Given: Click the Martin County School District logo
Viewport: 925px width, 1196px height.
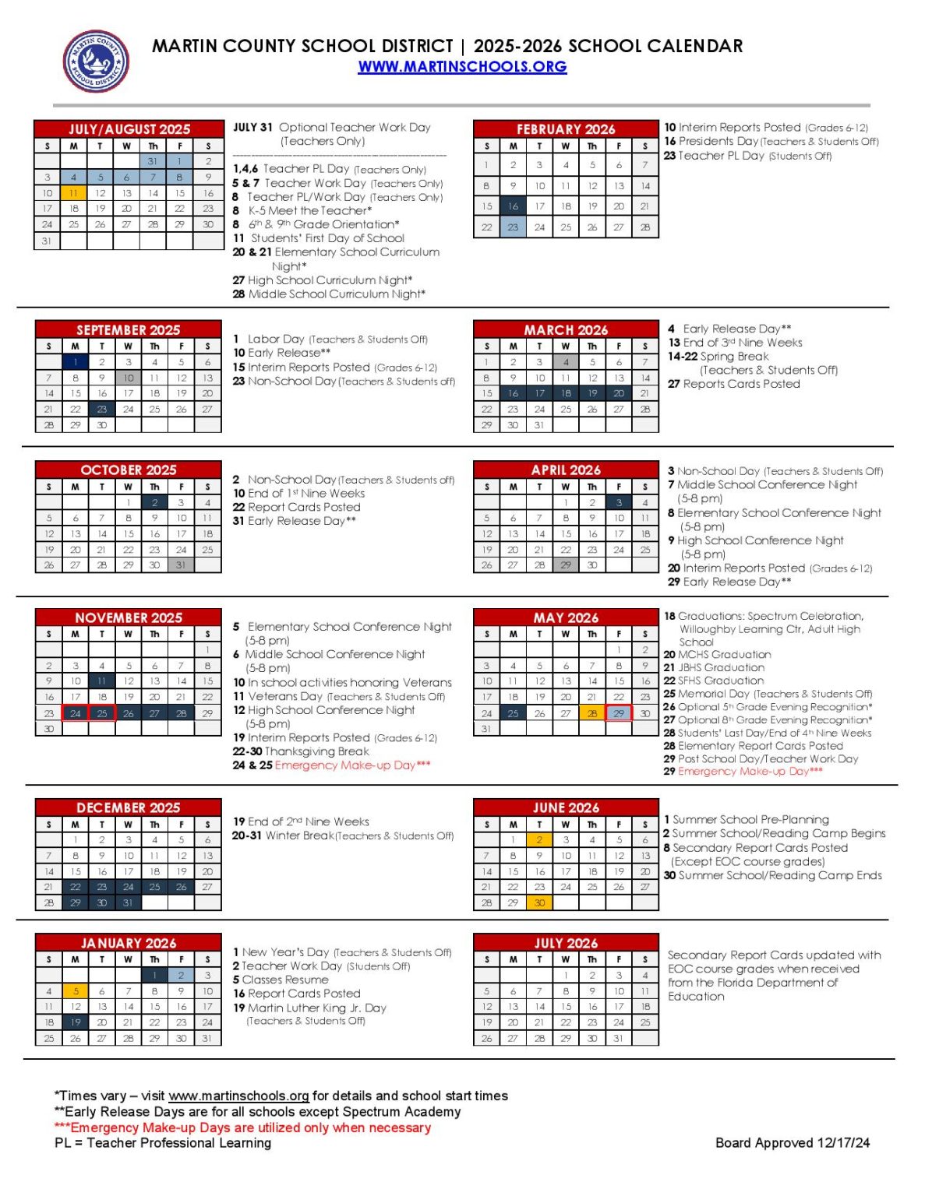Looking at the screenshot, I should click(x=96, y=61).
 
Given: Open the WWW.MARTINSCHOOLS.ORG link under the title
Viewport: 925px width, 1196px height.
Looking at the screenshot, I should click(x=462, y=67).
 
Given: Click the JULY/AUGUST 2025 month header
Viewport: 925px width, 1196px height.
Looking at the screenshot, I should click(x=129, y=129).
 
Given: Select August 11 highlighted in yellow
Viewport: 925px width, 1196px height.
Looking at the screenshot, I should click(x=74, y=193).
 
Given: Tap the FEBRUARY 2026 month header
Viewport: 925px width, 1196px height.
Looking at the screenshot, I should click(x=566, y=129).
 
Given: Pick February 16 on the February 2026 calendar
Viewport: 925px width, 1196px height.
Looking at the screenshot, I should click(x=513, y=206).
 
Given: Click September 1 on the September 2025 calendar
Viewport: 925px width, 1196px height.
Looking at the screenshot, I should click(x=76, y=362).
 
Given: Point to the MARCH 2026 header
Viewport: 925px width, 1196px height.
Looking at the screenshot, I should click(x=566, y=330).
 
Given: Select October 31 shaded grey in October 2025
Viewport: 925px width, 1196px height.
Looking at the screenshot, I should click(x=181, y=565).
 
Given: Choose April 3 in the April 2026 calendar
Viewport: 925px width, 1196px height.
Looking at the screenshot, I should click(x=619, y=503).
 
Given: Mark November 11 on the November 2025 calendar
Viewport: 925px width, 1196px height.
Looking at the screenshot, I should click(x=102, y=681).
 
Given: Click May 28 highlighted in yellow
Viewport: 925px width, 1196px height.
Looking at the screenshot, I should click(x=592, y=713).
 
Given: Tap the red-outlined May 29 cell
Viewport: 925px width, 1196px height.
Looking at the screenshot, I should click(x=619, y=713).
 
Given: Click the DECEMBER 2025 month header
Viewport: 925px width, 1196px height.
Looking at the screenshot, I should click(x=129, y=808).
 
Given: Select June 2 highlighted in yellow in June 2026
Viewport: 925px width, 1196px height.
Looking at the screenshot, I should click(x=539, y=840).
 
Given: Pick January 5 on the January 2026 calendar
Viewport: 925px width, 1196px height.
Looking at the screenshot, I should click(x=76, y=991).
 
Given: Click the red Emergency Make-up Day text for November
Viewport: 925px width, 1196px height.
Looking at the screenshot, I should click(x=352, y=765).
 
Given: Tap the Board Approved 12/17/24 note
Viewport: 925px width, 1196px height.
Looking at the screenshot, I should click(x=793, y=1143).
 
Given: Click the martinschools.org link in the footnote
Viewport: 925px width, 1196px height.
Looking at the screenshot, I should click(x=238, y=1096).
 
